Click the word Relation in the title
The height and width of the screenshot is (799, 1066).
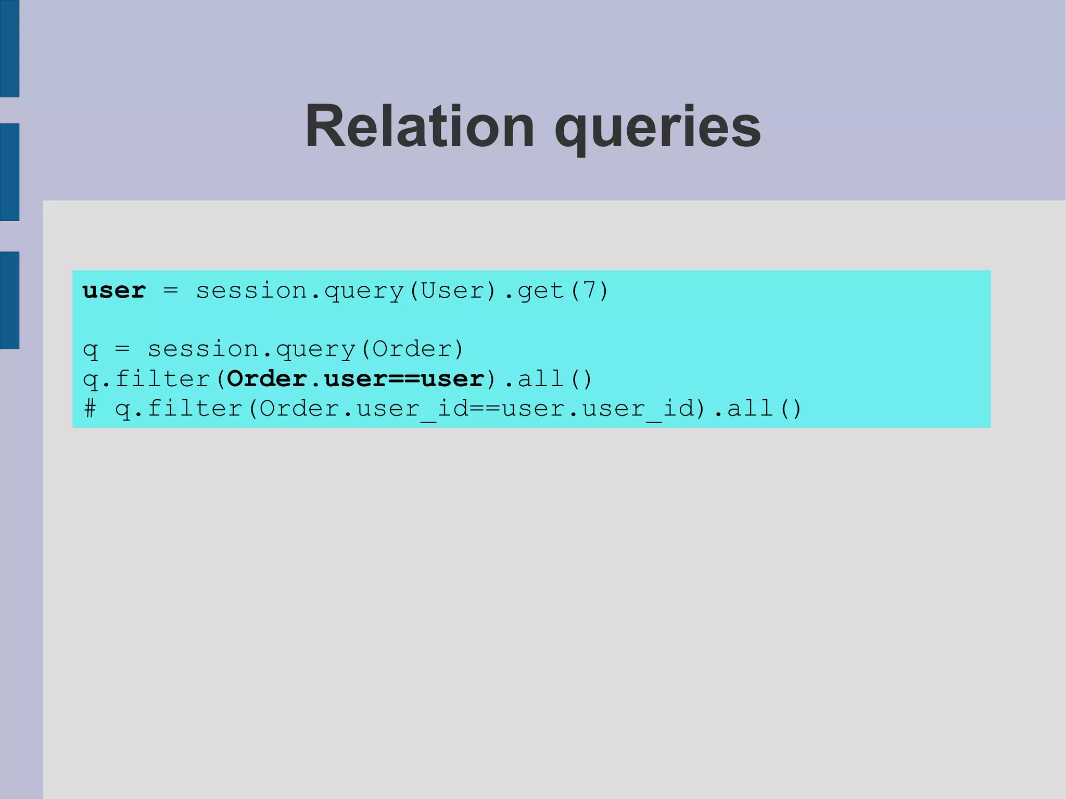click(x=420, y=126)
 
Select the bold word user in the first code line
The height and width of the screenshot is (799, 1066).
click(x=114, y=290)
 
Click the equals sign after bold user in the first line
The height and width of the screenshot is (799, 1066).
click(x=171, y=290)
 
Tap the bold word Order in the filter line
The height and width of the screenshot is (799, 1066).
click(x=267, y=378)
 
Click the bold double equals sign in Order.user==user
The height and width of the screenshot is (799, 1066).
click(x=404, y=379)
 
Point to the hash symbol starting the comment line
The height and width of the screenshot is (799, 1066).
click(x=90, y=408)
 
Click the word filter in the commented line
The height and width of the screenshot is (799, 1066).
click(x=195, y=408)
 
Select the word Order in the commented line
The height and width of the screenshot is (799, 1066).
click(x=299, y=408)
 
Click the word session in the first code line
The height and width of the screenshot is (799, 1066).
click(x=251, y=290)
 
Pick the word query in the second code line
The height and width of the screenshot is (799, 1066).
click(x=315, y=350)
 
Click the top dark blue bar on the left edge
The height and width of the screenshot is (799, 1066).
click(x=9, y=48)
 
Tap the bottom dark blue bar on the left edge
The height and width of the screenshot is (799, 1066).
click(x=9, y=300)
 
